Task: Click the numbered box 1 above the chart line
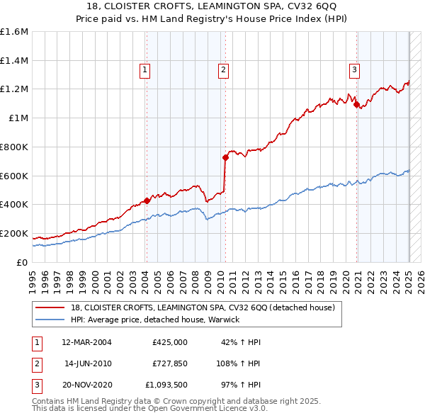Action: click(x=144, y=69)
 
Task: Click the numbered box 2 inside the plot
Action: click(x=222, y=69)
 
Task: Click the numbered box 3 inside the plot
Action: click(x=353, y=69)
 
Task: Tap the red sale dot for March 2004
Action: click(x=147, y=200)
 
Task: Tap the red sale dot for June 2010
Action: click(x=225, y=157)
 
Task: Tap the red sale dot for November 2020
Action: click(x=356, y=104)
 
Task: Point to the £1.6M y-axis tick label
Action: click(x=14, y=32)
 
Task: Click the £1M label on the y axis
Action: click(x=19, y=118)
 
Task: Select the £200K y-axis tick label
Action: click(x=14, y=233)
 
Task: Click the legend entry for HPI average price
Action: click(x=155, y=320)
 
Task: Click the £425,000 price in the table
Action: click(x=169, y=342)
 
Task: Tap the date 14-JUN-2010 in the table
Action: click(x=88, y=363)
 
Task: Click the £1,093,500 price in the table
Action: click(x=165, y=385)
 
